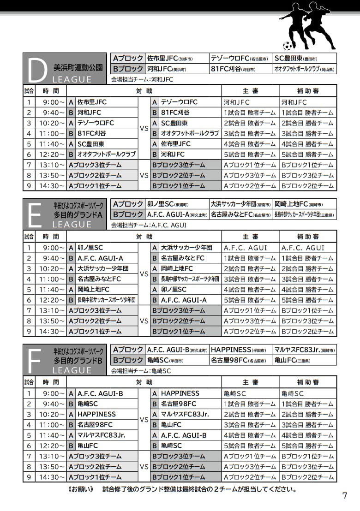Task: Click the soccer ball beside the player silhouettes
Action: [x=288, y=46]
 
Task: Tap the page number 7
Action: [x=344, y=496]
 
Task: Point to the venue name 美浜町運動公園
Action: [x=78, y=66]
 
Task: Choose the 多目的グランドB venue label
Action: [x=78, y=360]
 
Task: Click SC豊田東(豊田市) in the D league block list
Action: [x=295, y=59]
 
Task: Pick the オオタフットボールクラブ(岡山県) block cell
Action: [x=305, y=69]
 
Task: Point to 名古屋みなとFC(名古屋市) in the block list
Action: [x=240, y=214]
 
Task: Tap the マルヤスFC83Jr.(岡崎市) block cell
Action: [x=305, y=350]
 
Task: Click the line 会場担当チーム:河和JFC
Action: [x=142, y=79]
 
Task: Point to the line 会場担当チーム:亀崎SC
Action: [x=141, y=371]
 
